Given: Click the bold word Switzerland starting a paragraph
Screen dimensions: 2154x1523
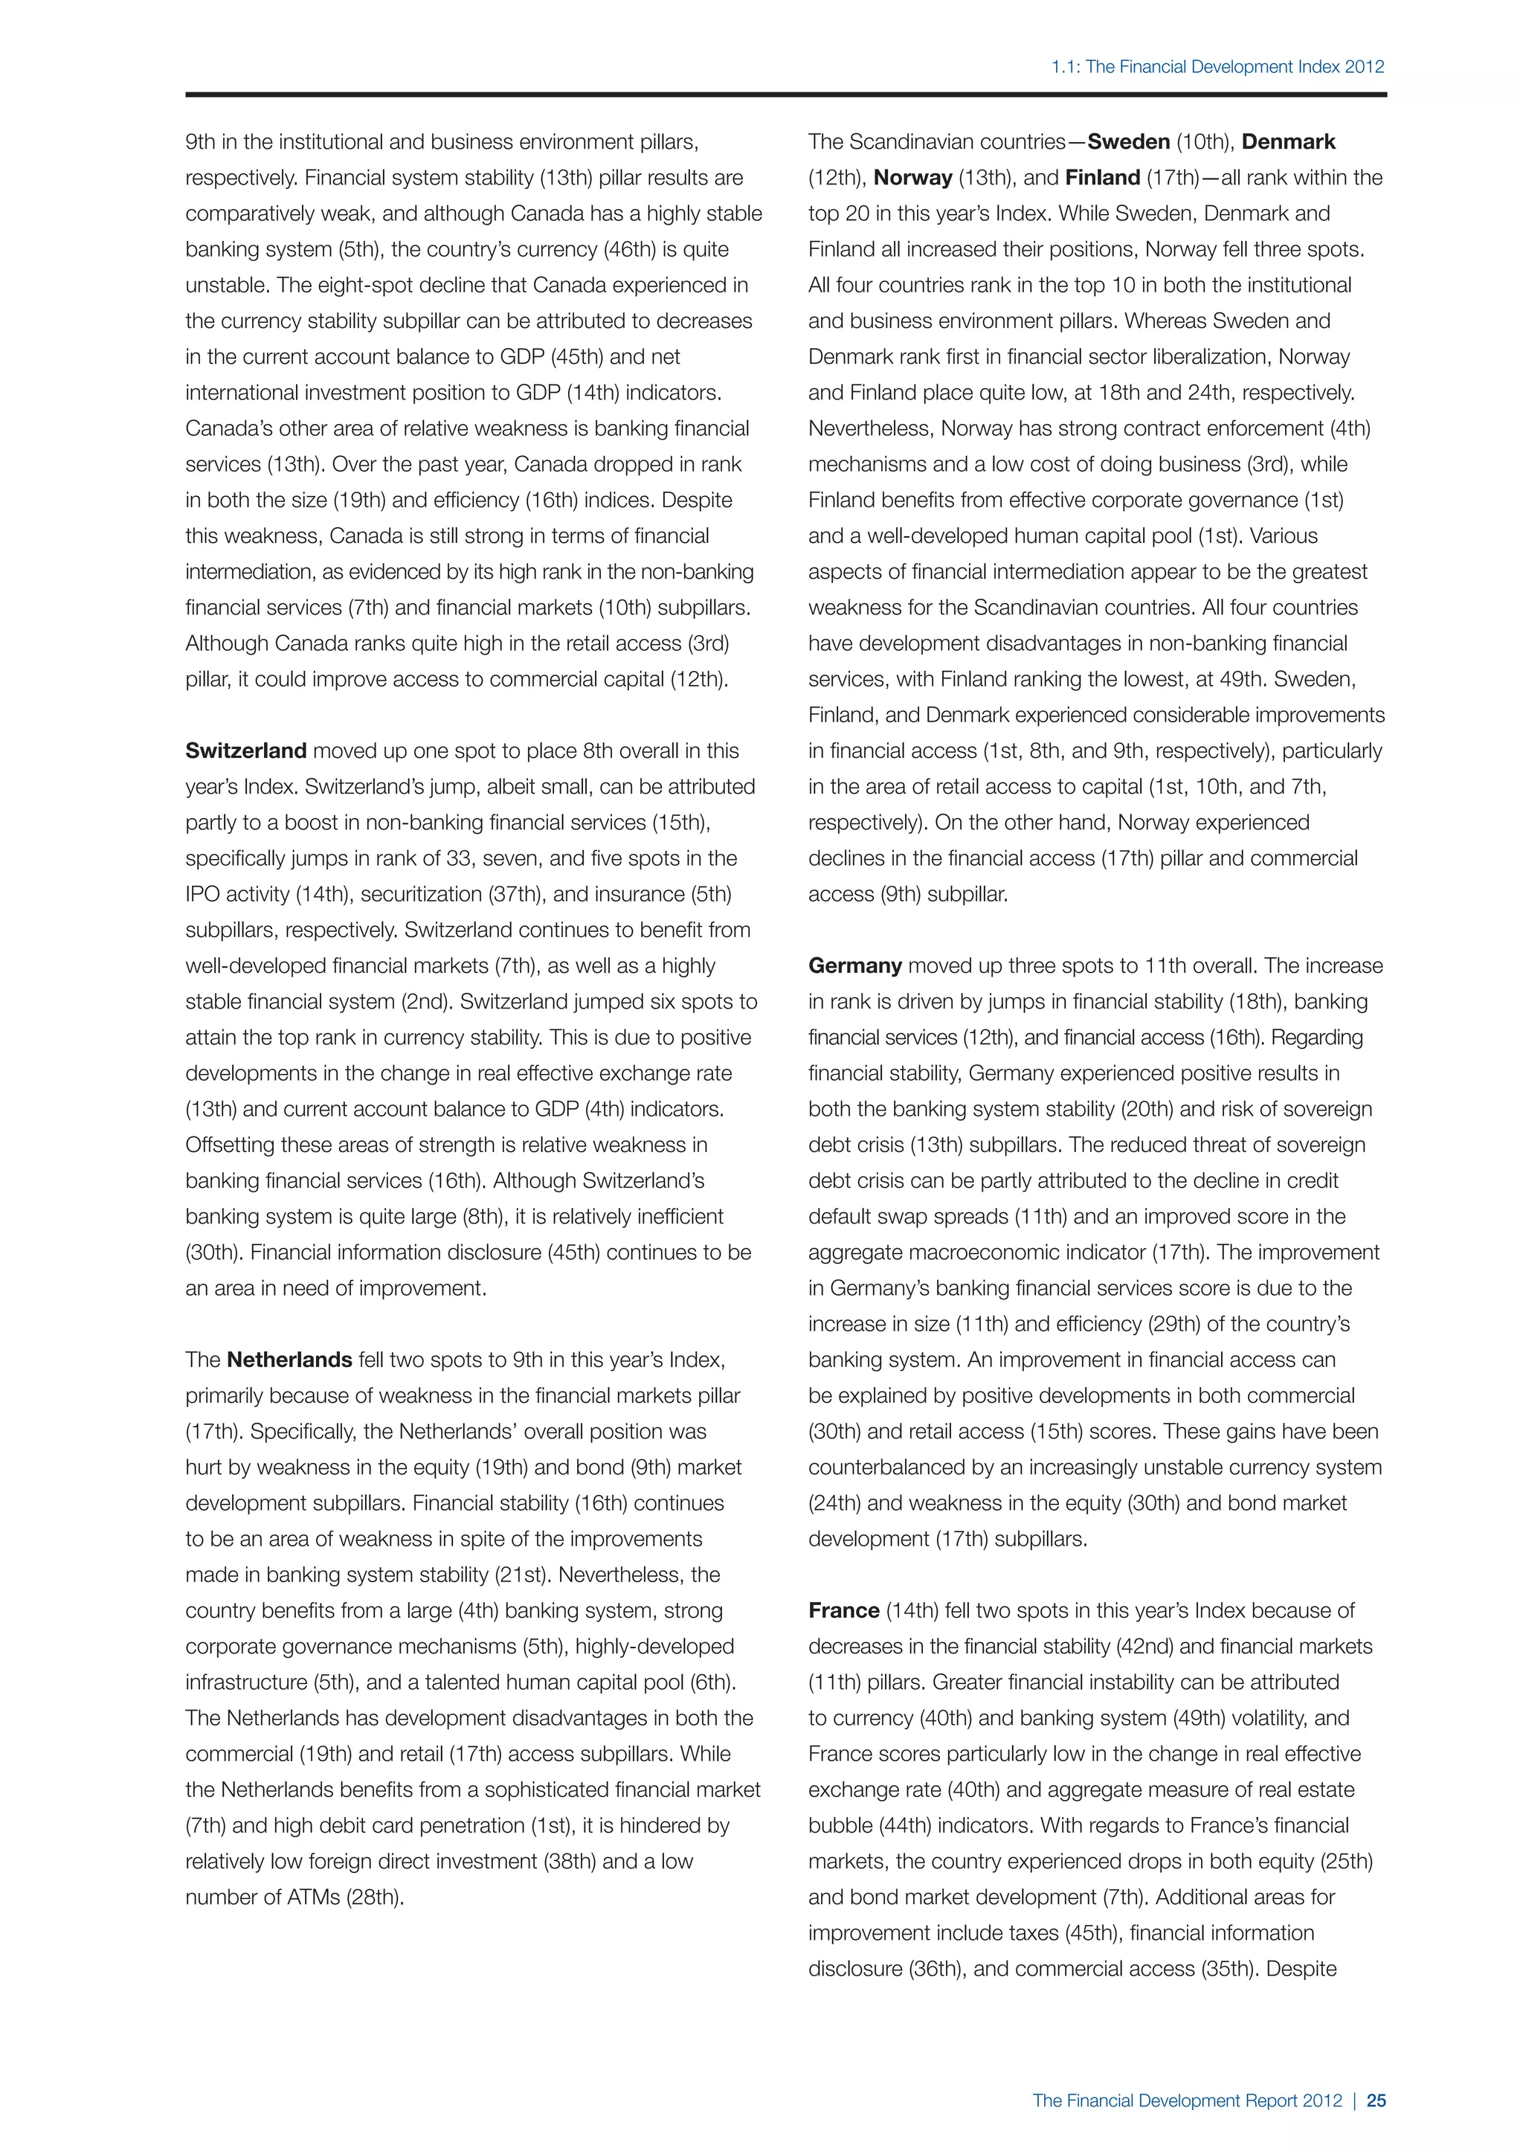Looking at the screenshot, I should (245, 750).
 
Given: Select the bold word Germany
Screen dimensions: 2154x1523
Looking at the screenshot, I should (854, 965).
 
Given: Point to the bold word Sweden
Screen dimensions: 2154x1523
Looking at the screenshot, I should (1128, 141).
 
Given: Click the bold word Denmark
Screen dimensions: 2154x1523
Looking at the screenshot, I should (1289, 141).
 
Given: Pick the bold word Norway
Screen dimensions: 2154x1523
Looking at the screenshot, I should (912, 177).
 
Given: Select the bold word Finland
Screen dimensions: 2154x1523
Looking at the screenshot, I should (1103, 177).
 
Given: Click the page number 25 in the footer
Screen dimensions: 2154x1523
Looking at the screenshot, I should (1376, 2100).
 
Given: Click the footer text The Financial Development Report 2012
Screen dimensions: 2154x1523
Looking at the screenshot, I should (1188, 2100).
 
